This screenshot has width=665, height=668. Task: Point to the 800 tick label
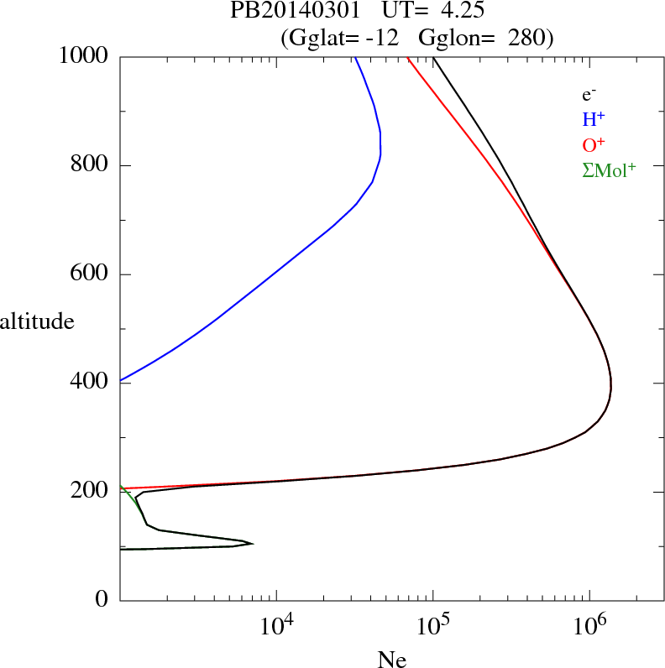coord(88,164)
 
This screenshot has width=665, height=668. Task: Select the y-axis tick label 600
coord(88,274)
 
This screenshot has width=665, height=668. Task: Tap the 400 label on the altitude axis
coord(88,383)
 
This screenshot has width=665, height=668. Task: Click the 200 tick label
coord(88,491)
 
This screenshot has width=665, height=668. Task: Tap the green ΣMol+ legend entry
coord(609,170)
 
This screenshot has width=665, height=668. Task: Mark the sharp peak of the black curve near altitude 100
coord(253,544)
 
